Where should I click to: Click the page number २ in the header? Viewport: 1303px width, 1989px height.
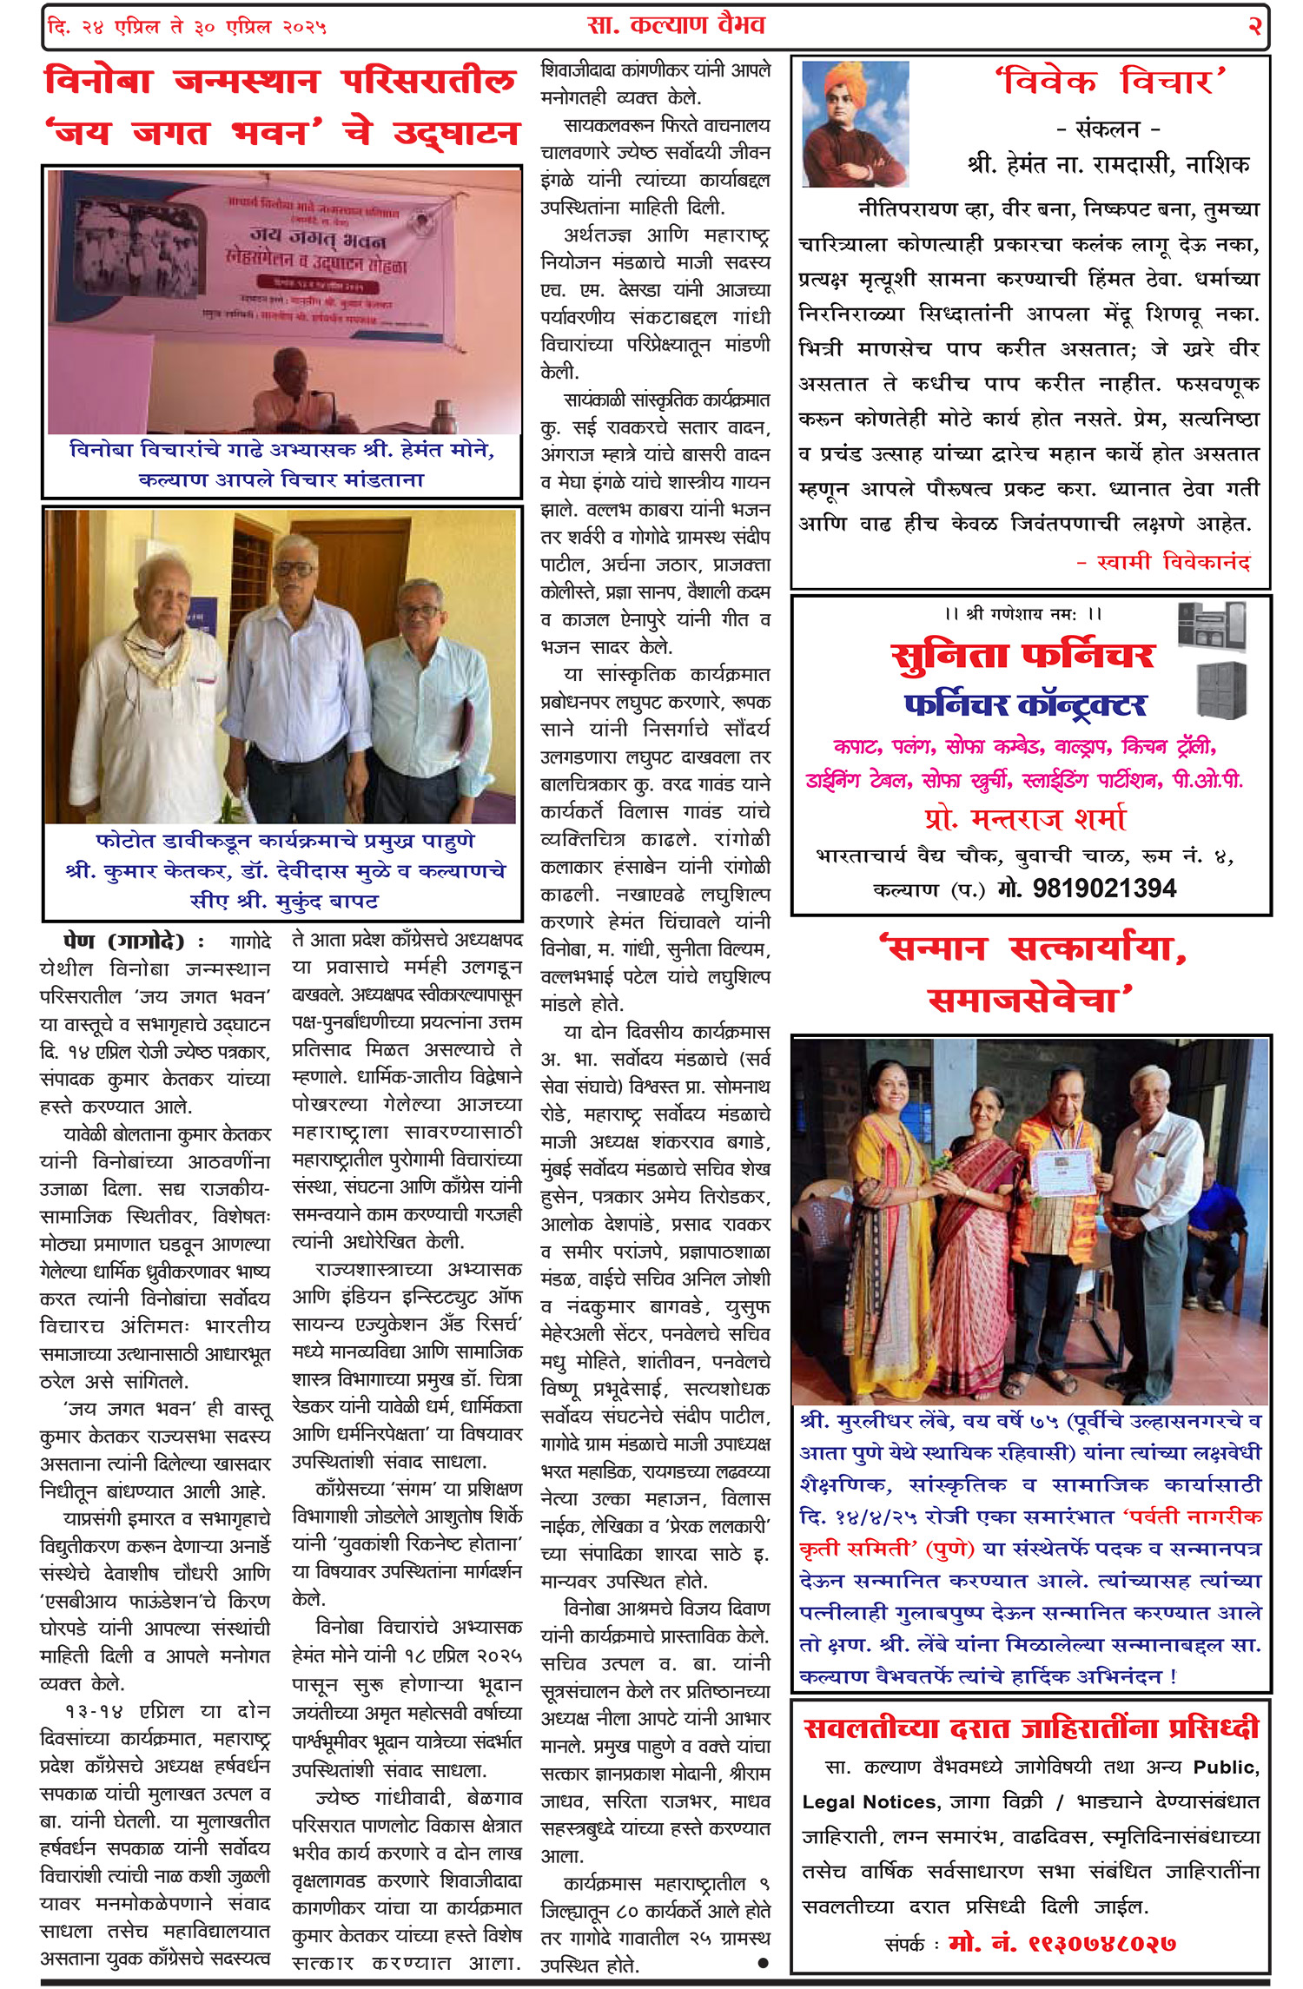point(1253,26)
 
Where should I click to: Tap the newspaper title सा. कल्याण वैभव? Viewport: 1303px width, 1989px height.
point(676,25)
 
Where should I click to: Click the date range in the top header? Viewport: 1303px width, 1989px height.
point(188,27)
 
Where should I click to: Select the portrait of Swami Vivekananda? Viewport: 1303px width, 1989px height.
point(855,123)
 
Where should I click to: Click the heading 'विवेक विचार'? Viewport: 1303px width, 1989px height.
point(1110,83)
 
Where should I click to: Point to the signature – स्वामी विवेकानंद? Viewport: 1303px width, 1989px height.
point(1163,562)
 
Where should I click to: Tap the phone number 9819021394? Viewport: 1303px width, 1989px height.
point(1104,888)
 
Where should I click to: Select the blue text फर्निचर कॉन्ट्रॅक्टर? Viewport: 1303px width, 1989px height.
point(1025,704)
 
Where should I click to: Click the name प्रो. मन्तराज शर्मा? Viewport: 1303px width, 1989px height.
point(1025,818)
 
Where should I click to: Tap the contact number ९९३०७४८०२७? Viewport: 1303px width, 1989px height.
point(1062,1943)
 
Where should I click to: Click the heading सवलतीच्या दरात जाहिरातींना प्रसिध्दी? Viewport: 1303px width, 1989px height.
point(1031,1728)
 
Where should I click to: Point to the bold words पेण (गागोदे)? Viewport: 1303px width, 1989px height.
point(124,942)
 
